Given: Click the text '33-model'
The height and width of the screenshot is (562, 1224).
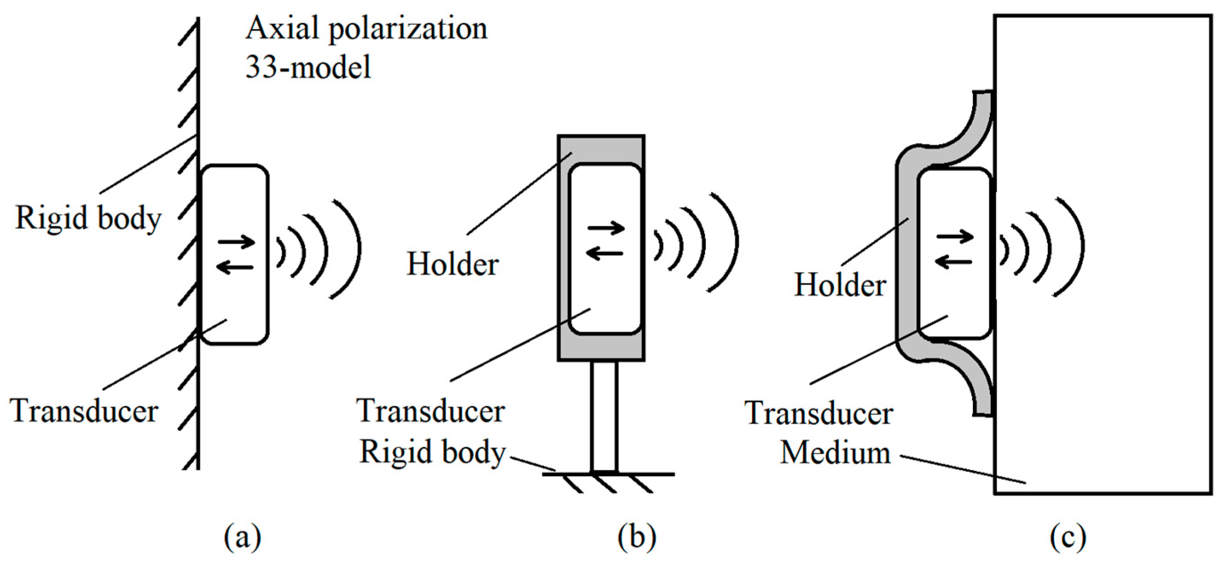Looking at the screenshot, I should [308, 67].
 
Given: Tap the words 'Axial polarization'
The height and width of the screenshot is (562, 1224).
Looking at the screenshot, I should [366, 29].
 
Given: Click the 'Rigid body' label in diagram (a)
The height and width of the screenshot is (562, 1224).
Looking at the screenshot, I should [89, 218].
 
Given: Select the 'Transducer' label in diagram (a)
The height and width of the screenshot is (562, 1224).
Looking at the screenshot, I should [84, 411].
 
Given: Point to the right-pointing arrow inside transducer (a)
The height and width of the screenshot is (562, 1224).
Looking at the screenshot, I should [237, 241].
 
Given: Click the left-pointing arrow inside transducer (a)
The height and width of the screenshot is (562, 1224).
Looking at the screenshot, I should [235, 268].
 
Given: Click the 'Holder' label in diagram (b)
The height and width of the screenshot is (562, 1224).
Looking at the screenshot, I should [452, 264].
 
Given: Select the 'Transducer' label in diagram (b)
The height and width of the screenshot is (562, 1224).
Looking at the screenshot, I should [430, 411].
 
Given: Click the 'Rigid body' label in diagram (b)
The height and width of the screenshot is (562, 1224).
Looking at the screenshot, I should [432, 452].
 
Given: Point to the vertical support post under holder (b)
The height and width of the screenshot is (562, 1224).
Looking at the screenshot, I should [604, 416].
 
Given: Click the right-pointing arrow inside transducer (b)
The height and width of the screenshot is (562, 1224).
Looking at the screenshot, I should [606, 228].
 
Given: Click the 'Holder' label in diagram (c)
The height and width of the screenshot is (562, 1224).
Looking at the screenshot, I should [840, 285].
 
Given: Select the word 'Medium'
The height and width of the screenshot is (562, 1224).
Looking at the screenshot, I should [835, 452].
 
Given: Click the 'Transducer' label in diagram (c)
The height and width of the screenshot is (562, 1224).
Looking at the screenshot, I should [819, 413].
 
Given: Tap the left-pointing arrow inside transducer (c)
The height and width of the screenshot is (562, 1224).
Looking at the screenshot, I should [953, 261].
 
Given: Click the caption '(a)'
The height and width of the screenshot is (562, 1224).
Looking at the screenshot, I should [242, 537].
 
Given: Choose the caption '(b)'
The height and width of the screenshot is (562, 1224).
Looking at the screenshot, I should [637, 537].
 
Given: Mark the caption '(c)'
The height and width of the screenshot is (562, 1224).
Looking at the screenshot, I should [1068, 537].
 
